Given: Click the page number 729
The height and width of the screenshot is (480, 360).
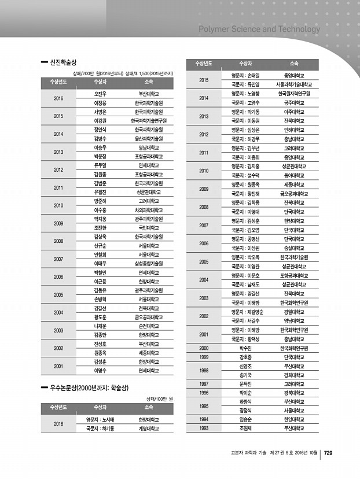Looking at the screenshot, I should click(x=328, y=453).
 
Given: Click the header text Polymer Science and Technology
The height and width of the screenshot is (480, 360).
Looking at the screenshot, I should click(x=259, y=29).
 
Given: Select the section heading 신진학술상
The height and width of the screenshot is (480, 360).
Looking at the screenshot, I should click(x=63, y=61).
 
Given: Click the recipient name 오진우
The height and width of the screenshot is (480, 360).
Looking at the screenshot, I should click(x=101, y=93).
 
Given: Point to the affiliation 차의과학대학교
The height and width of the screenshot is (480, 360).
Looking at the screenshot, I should click(x=149, y=211).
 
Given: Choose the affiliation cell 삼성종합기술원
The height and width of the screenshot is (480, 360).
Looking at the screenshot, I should click(x=149, y=263).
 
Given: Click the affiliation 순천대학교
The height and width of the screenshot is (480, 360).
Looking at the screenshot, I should click(x=149, y=326).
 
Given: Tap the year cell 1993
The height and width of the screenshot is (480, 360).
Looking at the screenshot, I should click(x=203, y=429).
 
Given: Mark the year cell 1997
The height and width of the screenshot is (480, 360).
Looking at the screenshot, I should click(x=203, y=383).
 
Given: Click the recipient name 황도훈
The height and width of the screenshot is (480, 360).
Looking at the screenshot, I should click(x=101, y=317).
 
